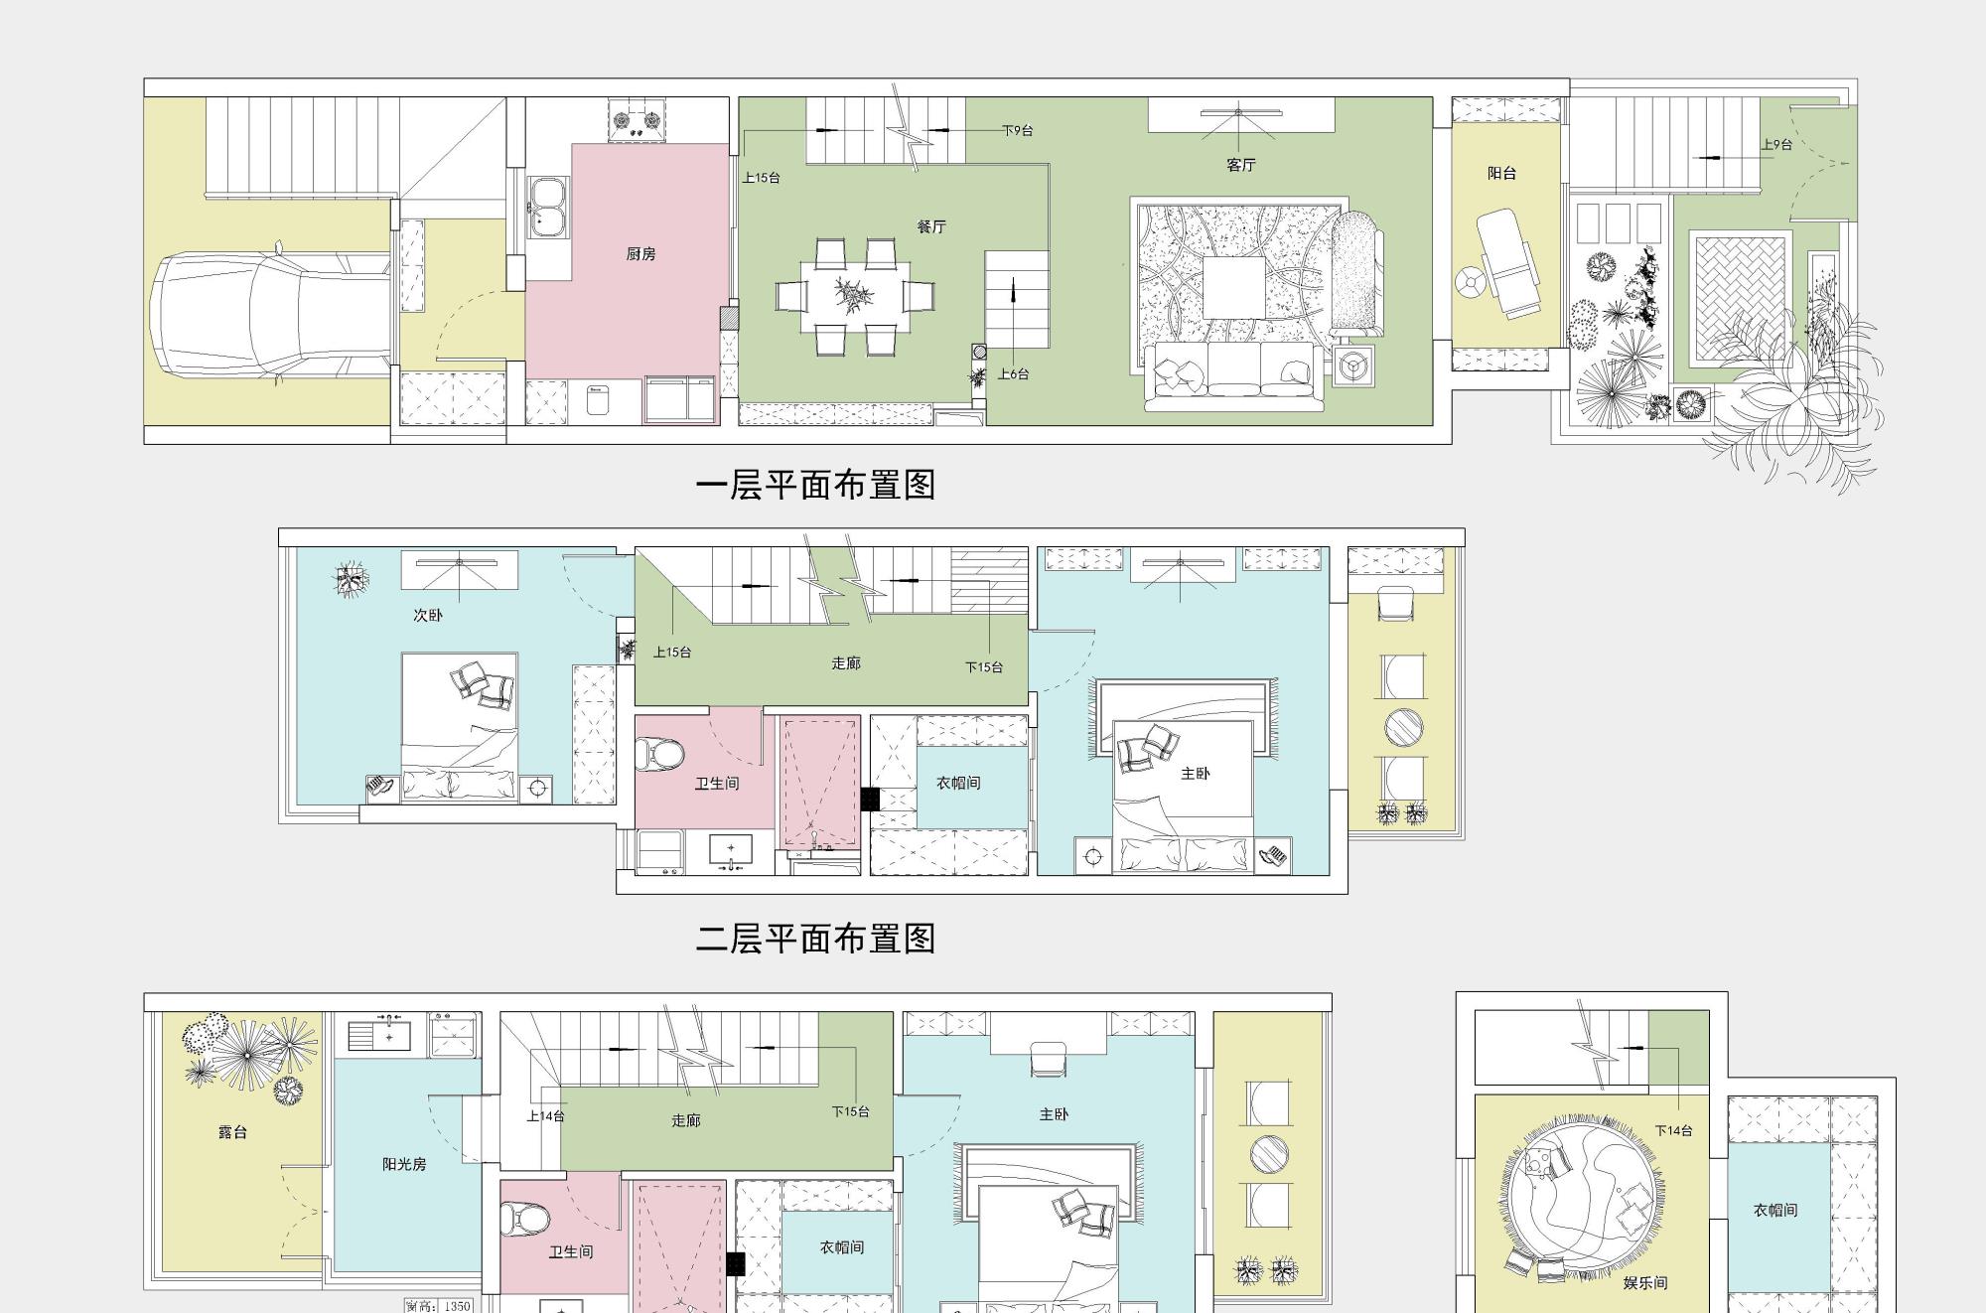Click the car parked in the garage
click(270, 316)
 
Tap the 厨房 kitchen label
click(641, 254)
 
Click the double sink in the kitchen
click(545, 207)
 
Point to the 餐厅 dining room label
click(931, 226)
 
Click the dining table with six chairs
click(855, 296)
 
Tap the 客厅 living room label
click(1241, 165)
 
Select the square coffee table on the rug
click(1234, 288)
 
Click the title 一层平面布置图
click(815, 485)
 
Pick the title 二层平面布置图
click(815, 939)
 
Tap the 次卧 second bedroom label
click(428, 616)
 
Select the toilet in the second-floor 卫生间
click(658, 755)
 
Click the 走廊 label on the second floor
click(846, 663)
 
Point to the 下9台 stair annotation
click(1017, 130)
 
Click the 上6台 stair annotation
click(1013, 374)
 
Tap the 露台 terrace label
click(232, 1132)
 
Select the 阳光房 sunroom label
click(404, 1164)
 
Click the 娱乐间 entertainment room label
click(1645, 1283)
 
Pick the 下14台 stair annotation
click(1674, 1130)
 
